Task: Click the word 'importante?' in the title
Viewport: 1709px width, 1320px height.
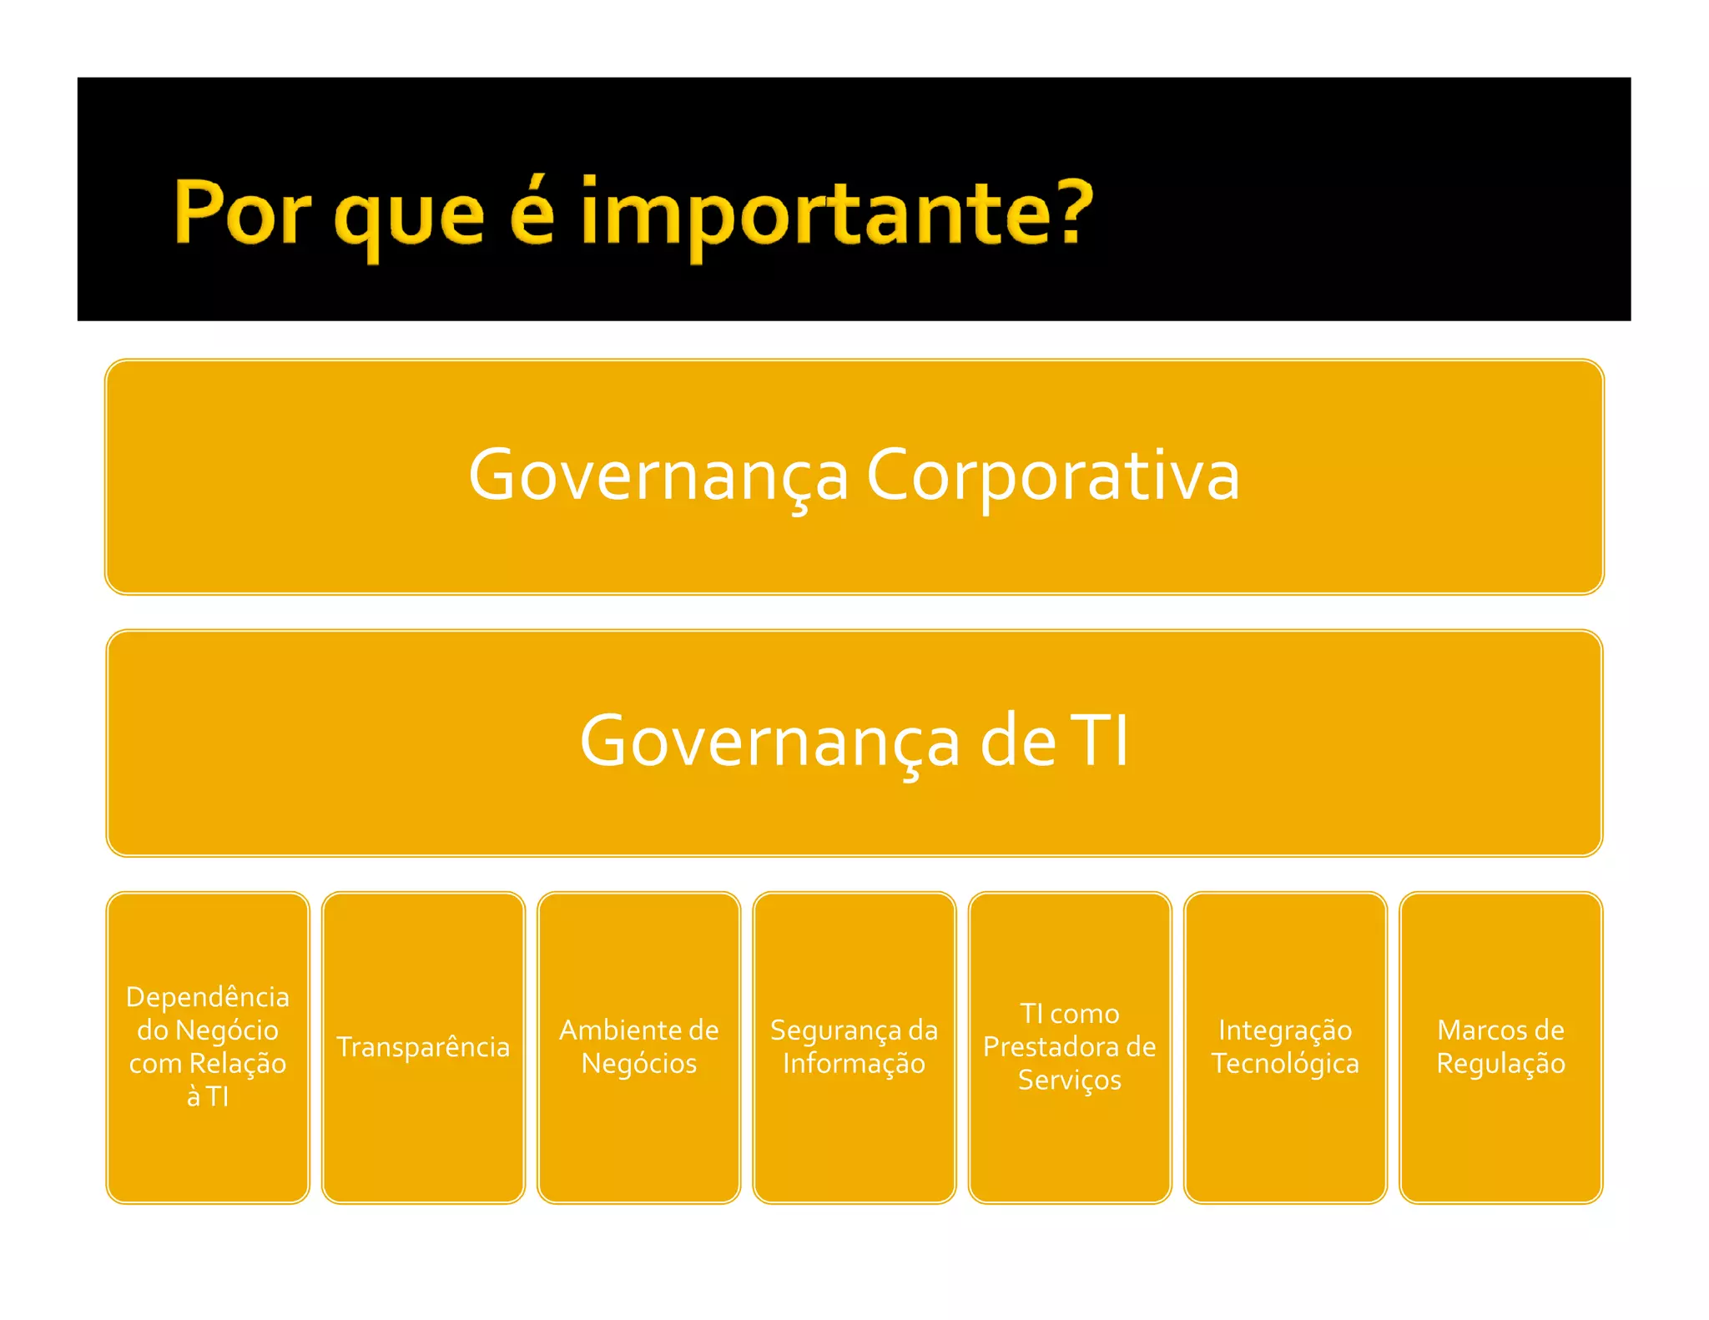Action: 837,214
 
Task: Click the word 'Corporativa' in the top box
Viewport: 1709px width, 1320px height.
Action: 1053,476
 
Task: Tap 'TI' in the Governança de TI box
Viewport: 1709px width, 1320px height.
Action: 1100,740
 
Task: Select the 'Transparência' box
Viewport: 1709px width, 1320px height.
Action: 423,1047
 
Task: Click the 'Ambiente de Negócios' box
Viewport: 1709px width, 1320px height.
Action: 638,1047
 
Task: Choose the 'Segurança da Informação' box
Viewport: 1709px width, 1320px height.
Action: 854,1047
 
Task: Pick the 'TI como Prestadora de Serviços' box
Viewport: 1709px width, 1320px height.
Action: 1069,1047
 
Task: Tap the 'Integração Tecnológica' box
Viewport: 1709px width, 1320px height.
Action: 1285,1047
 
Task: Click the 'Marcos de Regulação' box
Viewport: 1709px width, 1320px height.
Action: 1500,1047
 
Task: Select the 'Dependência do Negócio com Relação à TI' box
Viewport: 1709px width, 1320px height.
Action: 208,1047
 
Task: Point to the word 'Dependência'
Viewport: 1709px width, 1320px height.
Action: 208,998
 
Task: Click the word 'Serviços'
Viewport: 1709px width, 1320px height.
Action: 1069,1081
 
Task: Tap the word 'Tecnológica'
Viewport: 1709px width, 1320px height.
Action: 1285,1064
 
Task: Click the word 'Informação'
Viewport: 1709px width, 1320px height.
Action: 854,1064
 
